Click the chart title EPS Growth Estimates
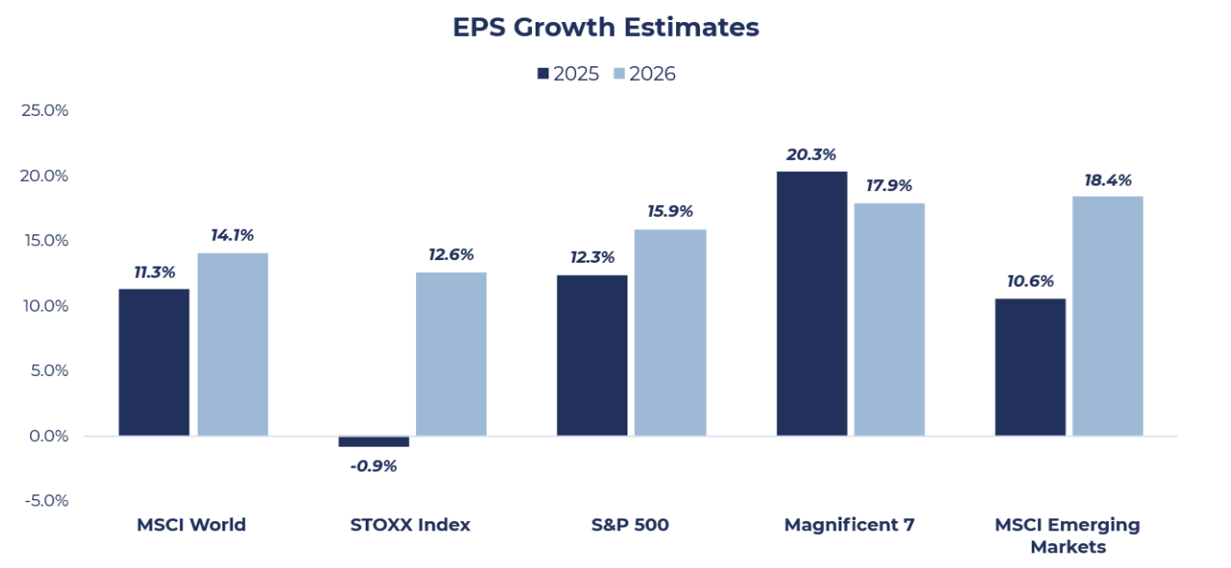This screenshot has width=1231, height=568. click(605, 28)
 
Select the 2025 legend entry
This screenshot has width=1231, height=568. click(569, 74)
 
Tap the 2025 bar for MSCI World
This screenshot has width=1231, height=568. click(153, 362)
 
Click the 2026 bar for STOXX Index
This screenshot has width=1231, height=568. click(451, 354)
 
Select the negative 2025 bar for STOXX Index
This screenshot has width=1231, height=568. click(374, 442)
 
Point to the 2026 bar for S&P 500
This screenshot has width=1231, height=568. click(671, 333)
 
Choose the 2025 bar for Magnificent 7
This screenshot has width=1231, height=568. click(812, 303)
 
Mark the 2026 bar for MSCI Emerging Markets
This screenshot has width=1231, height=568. click(1108, 316)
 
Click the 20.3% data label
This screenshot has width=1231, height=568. click(811, 154)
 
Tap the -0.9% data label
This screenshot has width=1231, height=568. click(374, 466)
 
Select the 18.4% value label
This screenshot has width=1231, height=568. click(1107, 179)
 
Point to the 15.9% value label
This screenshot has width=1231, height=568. click(670, 212)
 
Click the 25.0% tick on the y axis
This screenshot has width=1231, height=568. click(44, 110)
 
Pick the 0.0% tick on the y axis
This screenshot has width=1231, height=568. click(47, 436)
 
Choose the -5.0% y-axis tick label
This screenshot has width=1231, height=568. click(45, 501)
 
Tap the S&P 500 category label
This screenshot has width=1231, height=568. click(630, 525)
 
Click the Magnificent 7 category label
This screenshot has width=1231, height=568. click(850, 525)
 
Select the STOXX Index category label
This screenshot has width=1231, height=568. click(411, 525)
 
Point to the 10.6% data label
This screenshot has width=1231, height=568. click(1030, 281)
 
